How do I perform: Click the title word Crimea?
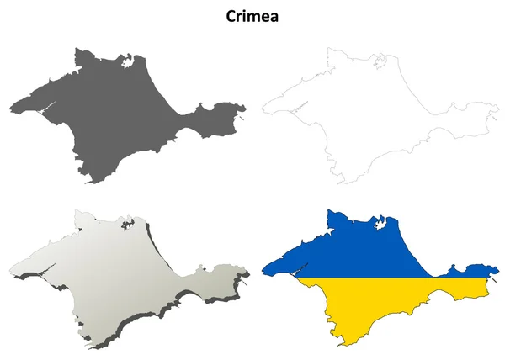tap(252, 15)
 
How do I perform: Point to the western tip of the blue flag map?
tap(263, 272)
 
